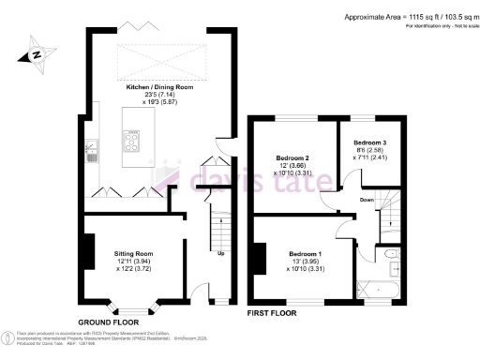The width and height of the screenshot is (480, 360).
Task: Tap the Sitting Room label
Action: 133,254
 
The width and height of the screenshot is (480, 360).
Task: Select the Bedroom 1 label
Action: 306,254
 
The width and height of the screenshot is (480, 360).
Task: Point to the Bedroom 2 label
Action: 292,156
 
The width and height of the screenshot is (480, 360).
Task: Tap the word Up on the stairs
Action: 220,253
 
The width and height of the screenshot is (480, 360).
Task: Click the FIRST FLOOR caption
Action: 275,311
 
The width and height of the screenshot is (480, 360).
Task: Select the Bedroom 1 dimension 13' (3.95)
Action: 305,262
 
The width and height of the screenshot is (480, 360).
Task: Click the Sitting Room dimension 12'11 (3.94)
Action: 133,262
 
